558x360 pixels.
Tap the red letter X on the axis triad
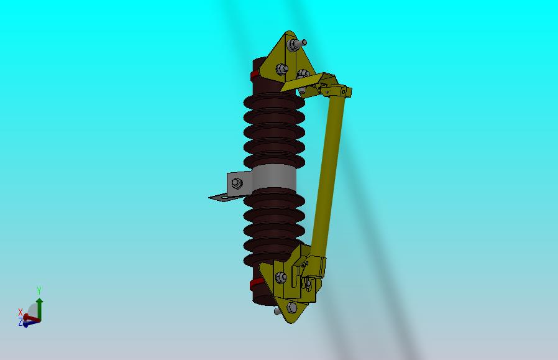(x=21, y=312)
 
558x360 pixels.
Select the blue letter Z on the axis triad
(x=21, y=323)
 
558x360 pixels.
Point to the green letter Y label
(x=39, y=291)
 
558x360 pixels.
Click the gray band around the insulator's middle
(x=274, y=178)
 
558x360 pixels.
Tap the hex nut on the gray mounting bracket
(x=237, y=183)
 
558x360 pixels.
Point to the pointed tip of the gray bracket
(x=209, y=197)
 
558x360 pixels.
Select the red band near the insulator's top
(x=254, y=75)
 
